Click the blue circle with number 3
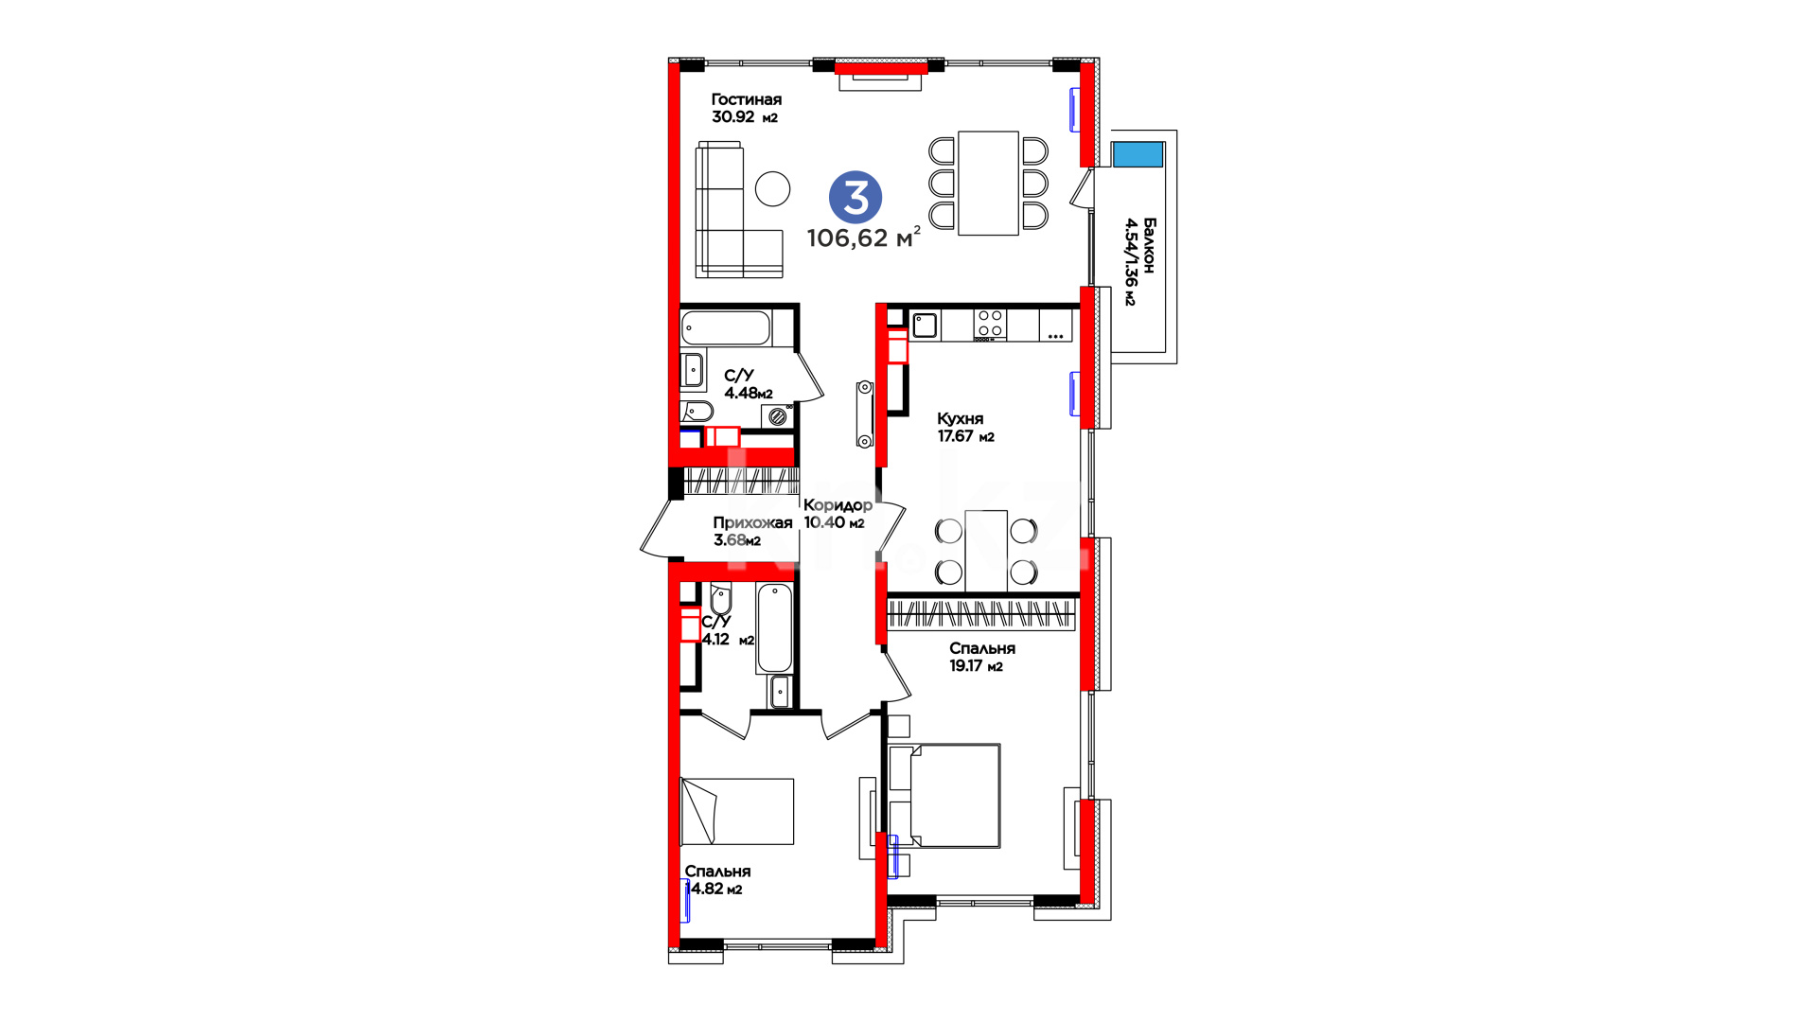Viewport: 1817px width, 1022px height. [856, 198]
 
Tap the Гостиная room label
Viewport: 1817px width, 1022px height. [747, 99]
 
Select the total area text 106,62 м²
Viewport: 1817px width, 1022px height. [863, 238]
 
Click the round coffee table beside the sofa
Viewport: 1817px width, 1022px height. [773, 188]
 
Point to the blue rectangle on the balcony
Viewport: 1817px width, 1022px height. [1138, 154]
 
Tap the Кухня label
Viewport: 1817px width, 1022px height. [961, 418]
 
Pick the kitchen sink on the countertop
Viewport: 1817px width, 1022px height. [925, 326]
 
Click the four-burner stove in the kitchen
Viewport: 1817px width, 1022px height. [990, 324]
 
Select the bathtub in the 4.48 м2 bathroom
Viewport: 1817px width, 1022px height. [726, 328]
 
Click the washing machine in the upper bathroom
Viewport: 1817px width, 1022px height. [777, 415]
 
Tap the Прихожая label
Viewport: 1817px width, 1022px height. [752, 522]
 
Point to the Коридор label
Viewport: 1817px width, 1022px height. [838, 504]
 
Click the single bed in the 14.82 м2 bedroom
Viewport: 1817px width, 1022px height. [737, 811]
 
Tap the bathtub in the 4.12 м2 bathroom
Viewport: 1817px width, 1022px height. [774, 627]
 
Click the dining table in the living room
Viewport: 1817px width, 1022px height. [988, 183]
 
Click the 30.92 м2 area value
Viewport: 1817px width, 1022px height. [745, 117]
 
